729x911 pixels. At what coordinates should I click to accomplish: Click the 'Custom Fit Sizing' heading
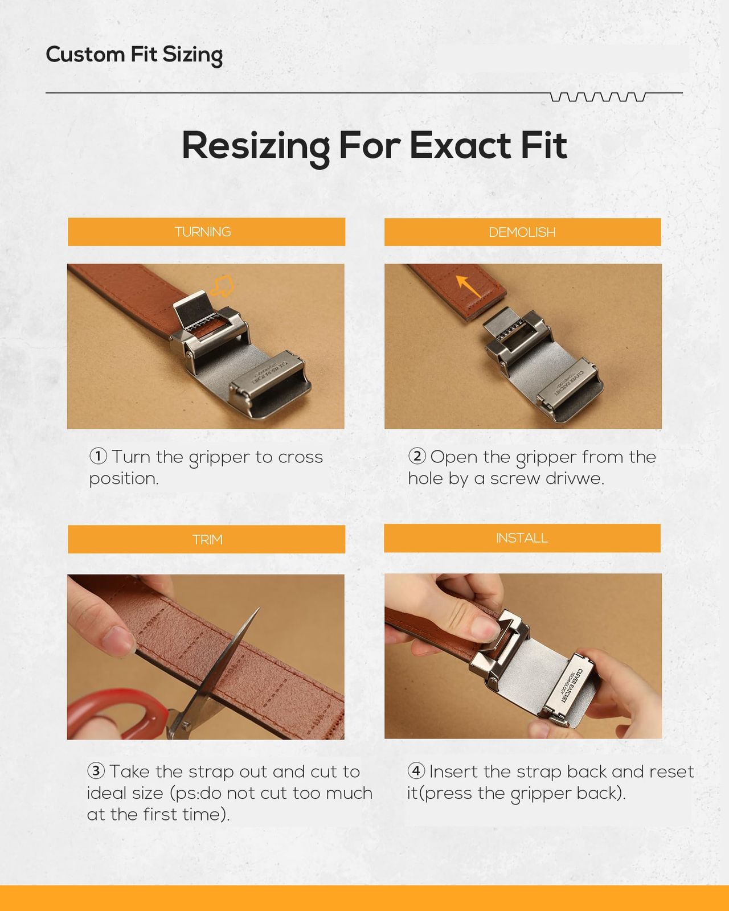pyautogui.click(x=134, y=55)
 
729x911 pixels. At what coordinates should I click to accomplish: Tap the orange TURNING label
pyautogui.click(x=206, y=232)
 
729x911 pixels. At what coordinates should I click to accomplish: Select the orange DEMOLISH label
pyautogui.click(x=522, y=232)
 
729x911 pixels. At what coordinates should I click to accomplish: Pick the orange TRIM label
pyautogui.click(x=206, y=539)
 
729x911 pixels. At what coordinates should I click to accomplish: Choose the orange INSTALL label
pyautogui.click(x=522, y=538)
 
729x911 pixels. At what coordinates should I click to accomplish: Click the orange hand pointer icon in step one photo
pyautogui.click(x=222, y=286)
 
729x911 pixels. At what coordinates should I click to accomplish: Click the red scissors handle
pyautogui.click(x=114, y=714)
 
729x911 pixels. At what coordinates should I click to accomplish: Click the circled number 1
pyautogui.click(x=99, y=456)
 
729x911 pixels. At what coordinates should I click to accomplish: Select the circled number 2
pyautogui.click(x=417, y=456)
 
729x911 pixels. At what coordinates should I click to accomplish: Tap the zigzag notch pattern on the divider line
pyautogui.click(x=598, y=97)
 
